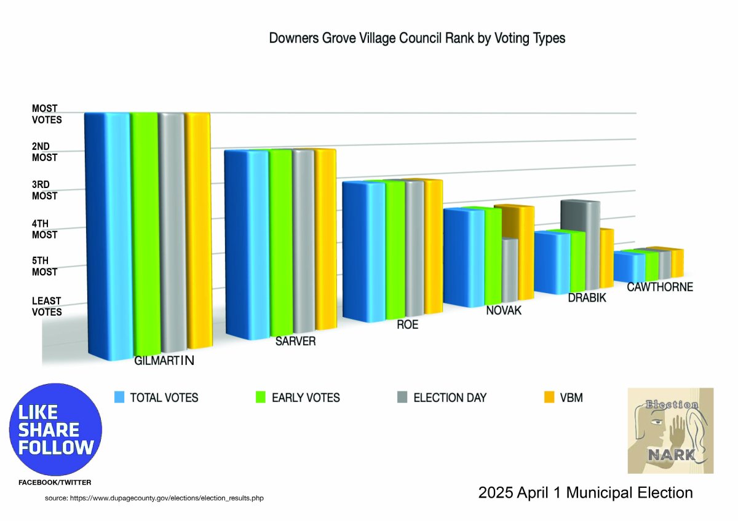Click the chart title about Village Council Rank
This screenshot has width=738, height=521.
(x=417, y=38)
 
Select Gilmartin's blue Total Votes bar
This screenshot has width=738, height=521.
(x=108, y=233)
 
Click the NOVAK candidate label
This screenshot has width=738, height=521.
(x=503, y=311)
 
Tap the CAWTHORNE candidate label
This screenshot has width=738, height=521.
(x=659, y=287)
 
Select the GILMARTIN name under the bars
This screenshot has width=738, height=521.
(x=164, y=361)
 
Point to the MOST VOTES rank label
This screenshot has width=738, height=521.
(x=47, y=114)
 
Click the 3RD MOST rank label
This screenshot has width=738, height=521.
(x=44, y=190)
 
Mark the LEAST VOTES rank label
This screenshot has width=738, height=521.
(x=47, y=306)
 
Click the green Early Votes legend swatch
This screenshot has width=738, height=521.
(x=260, y=398)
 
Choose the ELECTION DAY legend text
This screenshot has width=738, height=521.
(x=450, y=398)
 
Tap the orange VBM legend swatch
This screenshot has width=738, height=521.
(x=549, y=398)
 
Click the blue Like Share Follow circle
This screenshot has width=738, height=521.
(x=55, y=429)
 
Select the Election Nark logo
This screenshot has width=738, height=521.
(x=670, y=430)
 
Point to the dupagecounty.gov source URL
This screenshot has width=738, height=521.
(x=154, y=498)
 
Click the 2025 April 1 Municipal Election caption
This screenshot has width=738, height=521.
(x=585, y=493)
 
